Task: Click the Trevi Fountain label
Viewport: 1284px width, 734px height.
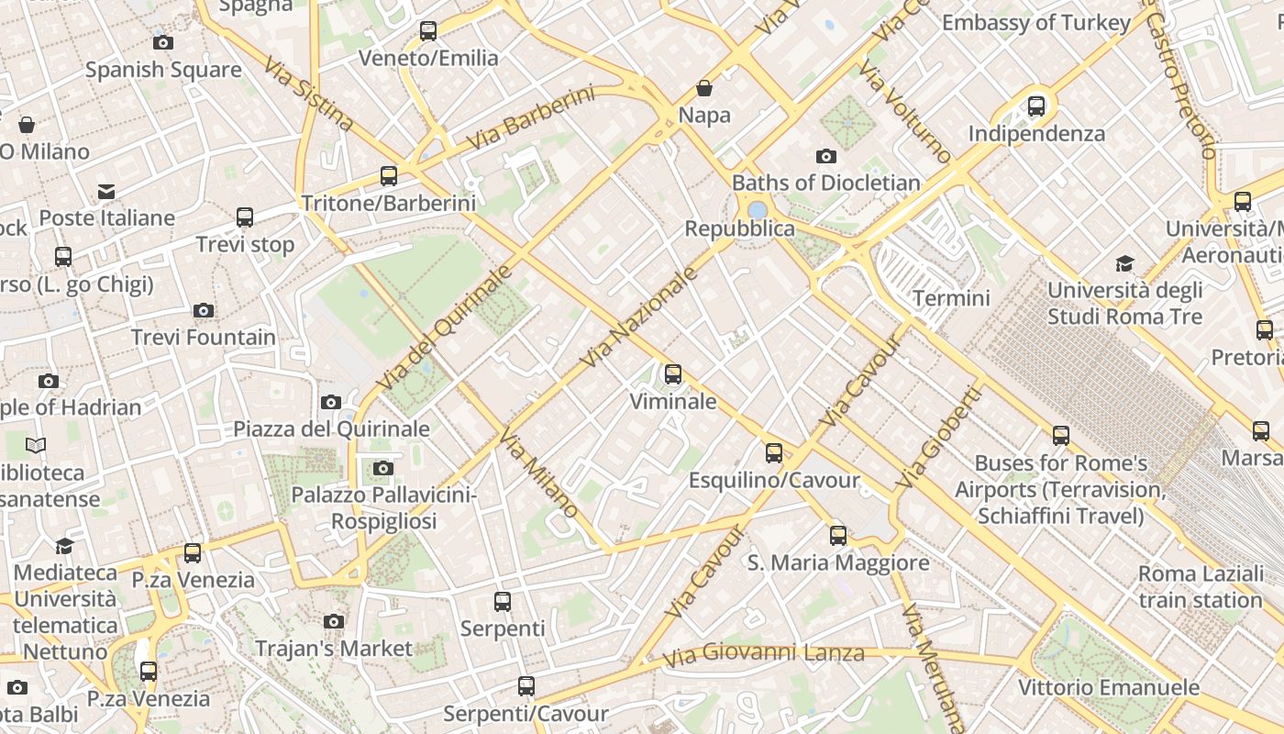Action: click(x=203, y=338)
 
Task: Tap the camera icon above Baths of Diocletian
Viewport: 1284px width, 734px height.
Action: click(x=825, y=156)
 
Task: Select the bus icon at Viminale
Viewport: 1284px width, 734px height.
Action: click(x=673, y=374)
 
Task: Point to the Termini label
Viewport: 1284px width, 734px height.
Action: click(x=951, y=298)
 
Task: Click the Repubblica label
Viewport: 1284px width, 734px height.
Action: click(x=739, y=228)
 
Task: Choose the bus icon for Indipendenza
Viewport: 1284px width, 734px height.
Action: click(x=1036, y=106)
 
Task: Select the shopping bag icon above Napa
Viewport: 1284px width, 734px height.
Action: click(x=704, y=88)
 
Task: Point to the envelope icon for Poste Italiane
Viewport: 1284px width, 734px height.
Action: click(x=106, y=191)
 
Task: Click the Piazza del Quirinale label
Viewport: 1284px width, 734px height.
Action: click(x=331, y=428)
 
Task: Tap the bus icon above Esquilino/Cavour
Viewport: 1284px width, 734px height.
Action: click(x=774, y=452)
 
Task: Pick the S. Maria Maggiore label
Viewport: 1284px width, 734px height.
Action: click(x=838, y=562)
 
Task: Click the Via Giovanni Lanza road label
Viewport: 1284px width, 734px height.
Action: click(x=763, y=654)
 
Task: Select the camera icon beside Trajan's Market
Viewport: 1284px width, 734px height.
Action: click(x=334, y=621)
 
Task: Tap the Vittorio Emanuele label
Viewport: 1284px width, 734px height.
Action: click(x=1108, y=687)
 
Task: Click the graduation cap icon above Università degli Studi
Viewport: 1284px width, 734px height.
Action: click(x=1124, y=264)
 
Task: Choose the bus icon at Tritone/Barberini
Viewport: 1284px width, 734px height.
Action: click(x=389, y=176)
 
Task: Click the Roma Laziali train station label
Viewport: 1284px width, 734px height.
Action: click(x=1200, y=587)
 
